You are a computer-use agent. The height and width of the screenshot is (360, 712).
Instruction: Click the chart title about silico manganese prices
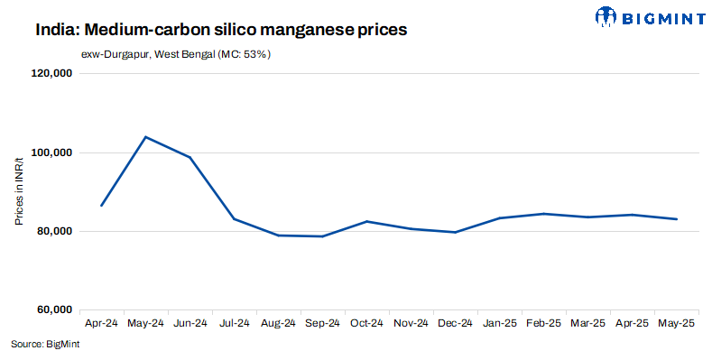point(221,30)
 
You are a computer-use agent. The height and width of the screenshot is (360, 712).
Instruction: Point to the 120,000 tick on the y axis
point(52,75)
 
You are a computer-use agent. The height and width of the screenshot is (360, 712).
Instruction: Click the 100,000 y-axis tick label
point(52,153)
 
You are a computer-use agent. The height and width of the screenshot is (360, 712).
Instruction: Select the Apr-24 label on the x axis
point(101,323)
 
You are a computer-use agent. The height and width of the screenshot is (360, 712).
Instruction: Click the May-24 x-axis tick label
point(145,323)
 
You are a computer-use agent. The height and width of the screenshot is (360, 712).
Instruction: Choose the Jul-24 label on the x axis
point(234,323)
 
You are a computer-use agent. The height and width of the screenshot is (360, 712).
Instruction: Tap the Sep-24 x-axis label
point(322,323)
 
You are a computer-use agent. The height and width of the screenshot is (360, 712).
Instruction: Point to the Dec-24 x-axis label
point(455,323)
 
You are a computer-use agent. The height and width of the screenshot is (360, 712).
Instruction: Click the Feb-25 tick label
point(543,323)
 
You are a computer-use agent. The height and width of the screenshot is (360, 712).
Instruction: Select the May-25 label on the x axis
point(676,323)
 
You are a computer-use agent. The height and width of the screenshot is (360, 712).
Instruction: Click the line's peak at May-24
point(145,137)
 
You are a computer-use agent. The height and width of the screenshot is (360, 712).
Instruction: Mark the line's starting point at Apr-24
point(101,206)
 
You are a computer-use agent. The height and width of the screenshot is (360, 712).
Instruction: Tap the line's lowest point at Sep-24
point(322,236)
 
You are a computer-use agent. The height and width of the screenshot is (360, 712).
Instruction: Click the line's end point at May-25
point(676,219)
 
